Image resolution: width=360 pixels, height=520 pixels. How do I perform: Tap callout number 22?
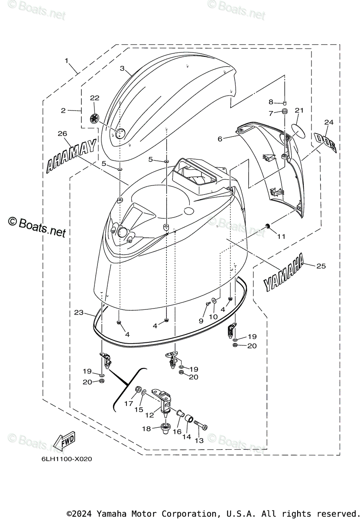point(94,98)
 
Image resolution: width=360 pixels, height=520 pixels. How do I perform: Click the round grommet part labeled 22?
point(95,118)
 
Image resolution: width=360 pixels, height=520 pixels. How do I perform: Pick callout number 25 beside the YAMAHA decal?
point(321,266)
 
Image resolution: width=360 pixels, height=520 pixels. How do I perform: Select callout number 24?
point(329,123)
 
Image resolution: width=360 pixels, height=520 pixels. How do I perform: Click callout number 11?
point(282,236)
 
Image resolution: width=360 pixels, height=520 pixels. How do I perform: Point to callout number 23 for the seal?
point(78,312)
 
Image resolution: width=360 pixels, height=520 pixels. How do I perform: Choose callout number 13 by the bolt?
point(199,440)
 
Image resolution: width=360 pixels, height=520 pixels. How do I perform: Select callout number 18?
point(146,429)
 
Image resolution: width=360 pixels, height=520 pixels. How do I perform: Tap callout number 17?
point(129,403)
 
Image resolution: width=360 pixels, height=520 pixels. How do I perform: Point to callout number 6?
point(220,139)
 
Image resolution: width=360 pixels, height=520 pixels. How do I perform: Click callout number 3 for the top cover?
point(123,68)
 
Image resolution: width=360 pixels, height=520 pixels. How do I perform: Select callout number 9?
point(201,321)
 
